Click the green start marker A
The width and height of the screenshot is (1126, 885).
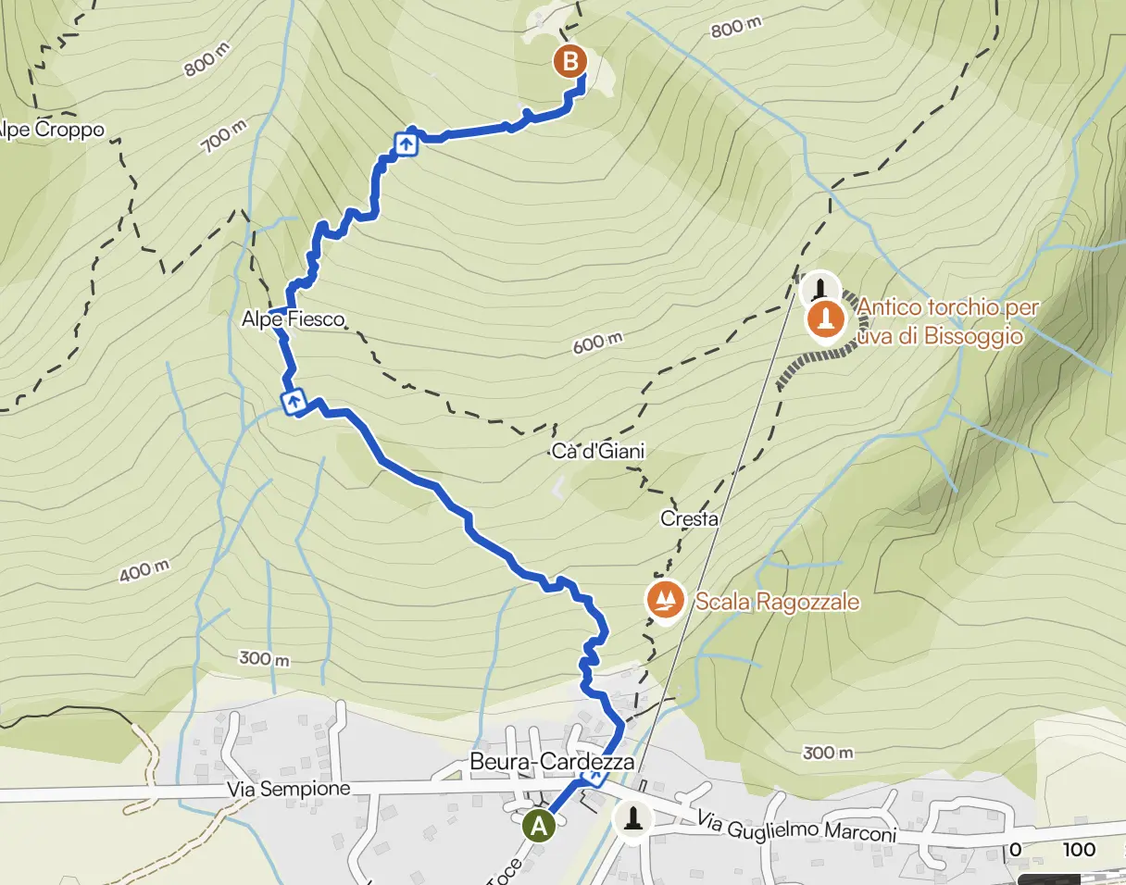pyautogui.click(x=538, y=826)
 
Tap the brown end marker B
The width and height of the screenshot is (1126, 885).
pyautogui.click(x=569, y=62)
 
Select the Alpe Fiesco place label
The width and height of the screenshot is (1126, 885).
pyautogui.click(x=293, y=319)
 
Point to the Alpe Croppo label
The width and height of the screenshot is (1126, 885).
pyautogui.click(x=51, y=130)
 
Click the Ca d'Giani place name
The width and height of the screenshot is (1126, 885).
pyautogui.click(x=597, y=452)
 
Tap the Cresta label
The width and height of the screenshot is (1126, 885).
pyautogui.click(x=690, y=519)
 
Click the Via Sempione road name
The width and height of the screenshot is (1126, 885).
pyautogui.click(x=289, y=789)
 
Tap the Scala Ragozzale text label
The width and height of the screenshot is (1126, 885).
pyautogui.click(x=778, y=602)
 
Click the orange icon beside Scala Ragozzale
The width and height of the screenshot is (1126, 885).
pyautogui.click(x=665, y=601)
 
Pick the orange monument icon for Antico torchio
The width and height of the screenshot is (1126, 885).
pyautogui.click(x=826, y=320)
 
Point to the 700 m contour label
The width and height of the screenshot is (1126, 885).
pyautogui.click(x=221, y=139)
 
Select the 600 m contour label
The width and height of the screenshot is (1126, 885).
pyautogui.click(x=597, y=343)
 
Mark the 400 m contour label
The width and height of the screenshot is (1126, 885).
pyautogui.click(x=144, y=572)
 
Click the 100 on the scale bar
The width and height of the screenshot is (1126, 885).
pyautogui.click(x=1079, y=850)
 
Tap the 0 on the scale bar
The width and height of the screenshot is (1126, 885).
pyautogui.click(x=1016, y=850)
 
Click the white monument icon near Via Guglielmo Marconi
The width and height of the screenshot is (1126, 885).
pyautogui.click(x=633, y=818)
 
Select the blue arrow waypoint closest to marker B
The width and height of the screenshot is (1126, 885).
pyautogui.click(x=406, y=144)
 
